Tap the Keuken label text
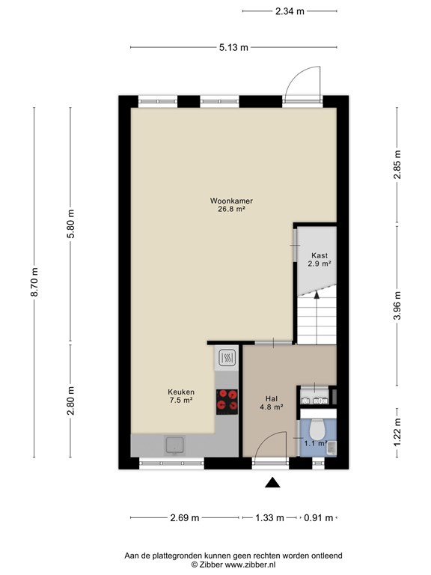tap(181, 392)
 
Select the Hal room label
tap(272, 398)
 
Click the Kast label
tap(320, 255)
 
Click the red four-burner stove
tap(227, 401)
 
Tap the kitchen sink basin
tap(175, 445)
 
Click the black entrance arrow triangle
tap(272, 483)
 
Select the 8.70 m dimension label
tap(34, 282)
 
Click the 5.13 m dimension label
tap(233, 47)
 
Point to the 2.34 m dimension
tap(290, 11)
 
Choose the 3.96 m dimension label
tap(397, 305)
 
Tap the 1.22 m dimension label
tap(397, 432)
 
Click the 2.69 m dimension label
tap(185, 518)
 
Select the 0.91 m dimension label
tap(319, 518)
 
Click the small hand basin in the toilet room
tap(331, 448)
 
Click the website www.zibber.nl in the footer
tap(251, 565)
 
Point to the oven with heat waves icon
tap(227, 358)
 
